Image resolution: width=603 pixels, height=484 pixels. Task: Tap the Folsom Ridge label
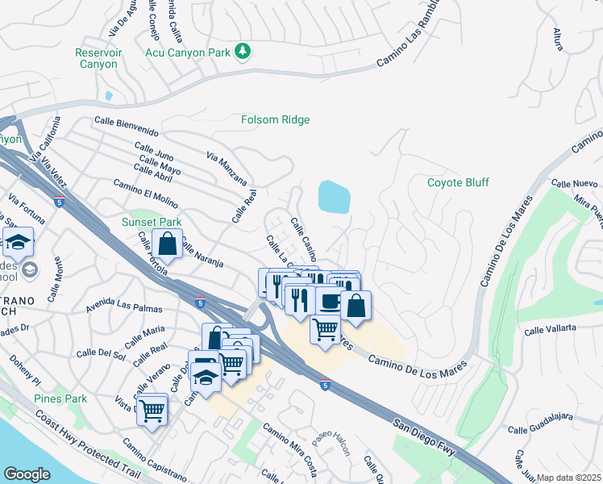pyautogui.click(x=275, y=120)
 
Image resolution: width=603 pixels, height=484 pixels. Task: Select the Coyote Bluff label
pyautogui.click(x=458, y=182)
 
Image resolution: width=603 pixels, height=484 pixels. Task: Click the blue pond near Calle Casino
pyautogui.click(x=334, y=197)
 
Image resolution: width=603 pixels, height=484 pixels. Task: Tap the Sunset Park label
pyautogui.click(x=151, y=222)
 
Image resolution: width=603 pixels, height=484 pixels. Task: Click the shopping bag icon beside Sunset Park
pyautogui.click(x=167, y=243)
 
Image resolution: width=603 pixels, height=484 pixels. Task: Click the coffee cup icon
pyautogui.click(x=330, y=301)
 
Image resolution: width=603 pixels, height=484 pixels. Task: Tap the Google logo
pyautogui.click(x=27, y=474)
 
